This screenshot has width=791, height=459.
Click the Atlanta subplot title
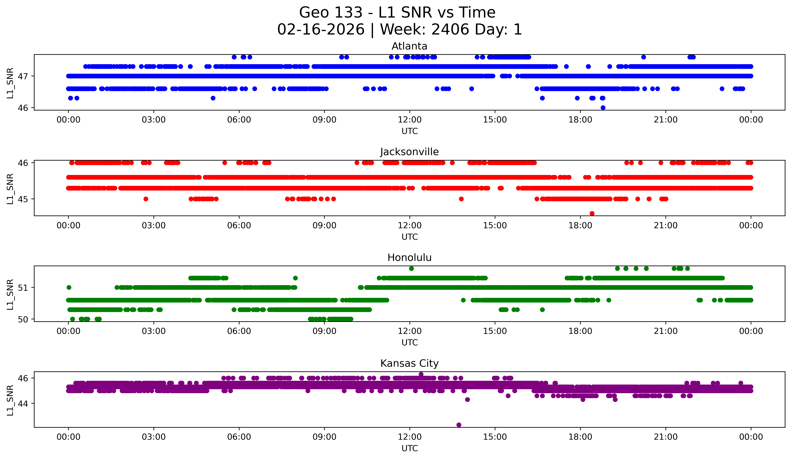(409, 46)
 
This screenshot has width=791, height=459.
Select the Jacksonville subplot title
(409, 152)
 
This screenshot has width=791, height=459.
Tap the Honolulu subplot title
(409, 258)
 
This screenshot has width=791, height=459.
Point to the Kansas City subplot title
(409, 363)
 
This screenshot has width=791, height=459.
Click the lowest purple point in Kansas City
(459, 425)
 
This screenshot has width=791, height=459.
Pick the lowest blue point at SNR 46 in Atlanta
(603, 108)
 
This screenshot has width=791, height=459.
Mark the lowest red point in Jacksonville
(592, 213)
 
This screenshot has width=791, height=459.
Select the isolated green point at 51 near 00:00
(69, 287)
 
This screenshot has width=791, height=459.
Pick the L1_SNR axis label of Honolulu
(10, 294)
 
